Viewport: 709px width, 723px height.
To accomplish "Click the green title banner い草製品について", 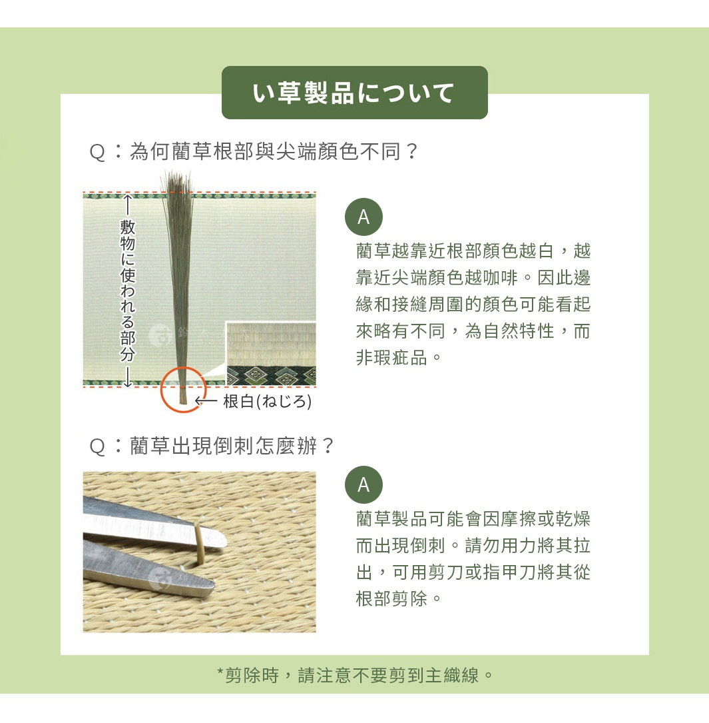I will pyautogui.click(x=354, y=93).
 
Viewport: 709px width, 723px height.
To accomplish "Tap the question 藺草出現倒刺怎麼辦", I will pyautogui.click(x=212, y=446).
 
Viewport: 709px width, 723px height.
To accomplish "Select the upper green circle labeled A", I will pyautogui.click(x=363, y=217).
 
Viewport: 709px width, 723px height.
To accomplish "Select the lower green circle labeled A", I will pyautogui.click(x=363, y=484).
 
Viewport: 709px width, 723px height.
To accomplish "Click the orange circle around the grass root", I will pyautogui.click(x=182, y=389).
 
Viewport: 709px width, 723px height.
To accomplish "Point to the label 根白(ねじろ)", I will pyautogui.click(x=267, y=401).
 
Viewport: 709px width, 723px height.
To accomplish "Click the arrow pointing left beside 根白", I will pyautogui.click(x=206, y=401).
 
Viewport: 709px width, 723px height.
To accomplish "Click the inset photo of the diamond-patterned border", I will pyautogui.click(x=271, y=354).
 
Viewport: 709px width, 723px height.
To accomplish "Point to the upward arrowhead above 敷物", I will pyautogui.click(x=127, y=199).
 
